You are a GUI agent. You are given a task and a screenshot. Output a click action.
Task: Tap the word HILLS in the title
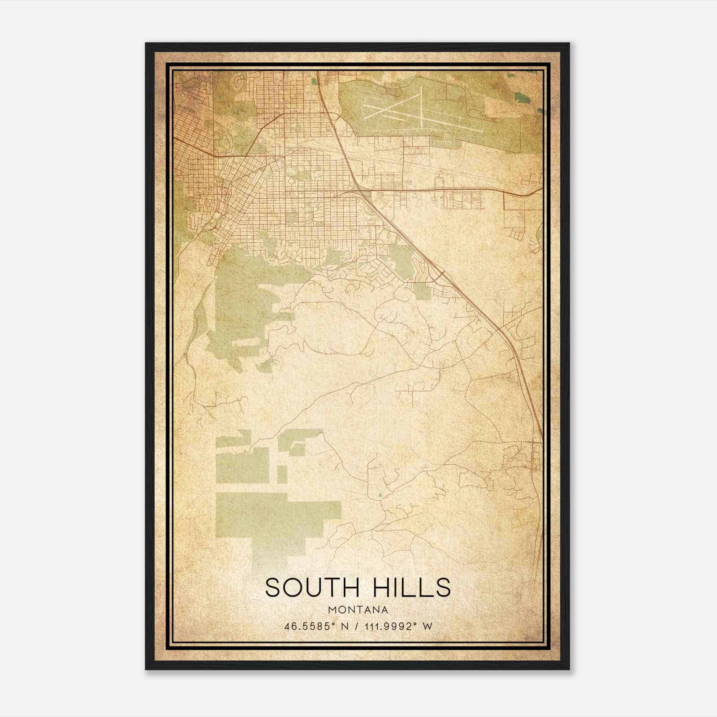pos(408,587)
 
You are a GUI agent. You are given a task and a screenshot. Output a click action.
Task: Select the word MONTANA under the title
pos(358,610)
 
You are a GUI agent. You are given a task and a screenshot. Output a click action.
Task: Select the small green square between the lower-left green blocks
pos(282,474)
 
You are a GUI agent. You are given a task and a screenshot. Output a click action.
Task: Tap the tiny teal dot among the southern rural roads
pos(380,495)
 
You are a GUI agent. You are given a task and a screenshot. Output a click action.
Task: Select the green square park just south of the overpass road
pos(422,291)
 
